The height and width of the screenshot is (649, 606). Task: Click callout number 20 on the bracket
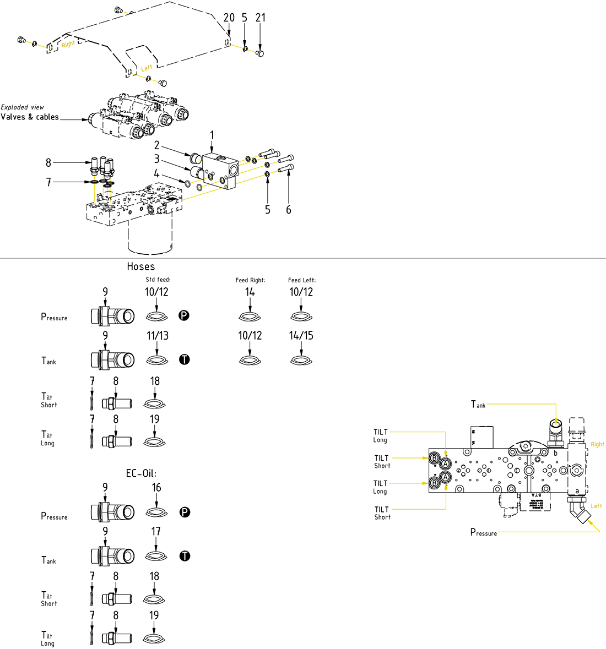pyautogui.click(x=229, y=18)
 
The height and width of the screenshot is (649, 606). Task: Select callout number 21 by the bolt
pyautogui.click(x=261, y=18)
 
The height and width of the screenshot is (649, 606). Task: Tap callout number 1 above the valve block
pyautogui.click(x=212, y=135)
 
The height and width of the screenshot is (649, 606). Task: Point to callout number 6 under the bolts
pyautogui.click(x=288, y=210)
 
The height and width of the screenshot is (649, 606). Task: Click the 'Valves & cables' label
pyautogui.click(x=30, y=117)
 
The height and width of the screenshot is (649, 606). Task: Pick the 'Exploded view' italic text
pyautogui.click(x=23, y=107)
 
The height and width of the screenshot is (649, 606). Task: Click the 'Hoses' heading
pyautogui.click(x=141, y=266)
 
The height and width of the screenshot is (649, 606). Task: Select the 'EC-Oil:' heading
pyautogui.click(x=141, y=473)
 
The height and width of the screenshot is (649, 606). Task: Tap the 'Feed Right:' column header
pyautogui.click(x=250, y=280)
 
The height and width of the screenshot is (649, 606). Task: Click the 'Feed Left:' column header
pyautogui.click(x=301, y=280)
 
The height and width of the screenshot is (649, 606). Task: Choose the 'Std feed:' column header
pyautogui.click(x=158, y=280)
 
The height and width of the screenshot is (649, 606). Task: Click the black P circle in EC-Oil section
pyautogui.click(x=185, y=512)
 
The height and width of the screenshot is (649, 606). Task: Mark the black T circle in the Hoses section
pyautogui.click(x=185, y=359)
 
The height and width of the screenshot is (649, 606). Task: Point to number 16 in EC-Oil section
pyautogui.click(x=156, y=488)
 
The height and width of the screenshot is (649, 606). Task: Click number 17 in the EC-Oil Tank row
pyautogui.click(x=156, y=531)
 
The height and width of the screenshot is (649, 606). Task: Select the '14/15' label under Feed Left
pyautogui.click(x=301, y=335)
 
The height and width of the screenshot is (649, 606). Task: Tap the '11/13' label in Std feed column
pyautogui.click(x=157, y=335)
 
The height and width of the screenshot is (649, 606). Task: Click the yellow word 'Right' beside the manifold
pyautogui.click(x=597, y=444)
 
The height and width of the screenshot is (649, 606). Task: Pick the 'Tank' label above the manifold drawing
pyautogui.click(x=478, y=405)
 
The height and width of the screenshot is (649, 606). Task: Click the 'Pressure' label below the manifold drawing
pyautogui.click(x=483, y=532)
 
